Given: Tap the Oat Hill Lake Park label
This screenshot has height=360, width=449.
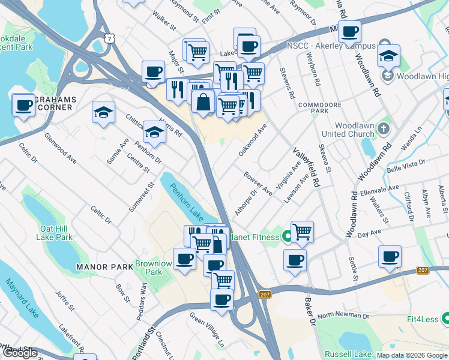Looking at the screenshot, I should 56,233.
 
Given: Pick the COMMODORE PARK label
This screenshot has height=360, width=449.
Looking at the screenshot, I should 321,107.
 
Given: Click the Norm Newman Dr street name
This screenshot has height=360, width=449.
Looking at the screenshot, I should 343,316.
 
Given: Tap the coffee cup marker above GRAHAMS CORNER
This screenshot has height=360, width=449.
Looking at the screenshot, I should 24,104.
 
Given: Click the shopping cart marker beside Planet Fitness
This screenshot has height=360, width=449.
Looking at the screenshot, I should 303,231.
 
